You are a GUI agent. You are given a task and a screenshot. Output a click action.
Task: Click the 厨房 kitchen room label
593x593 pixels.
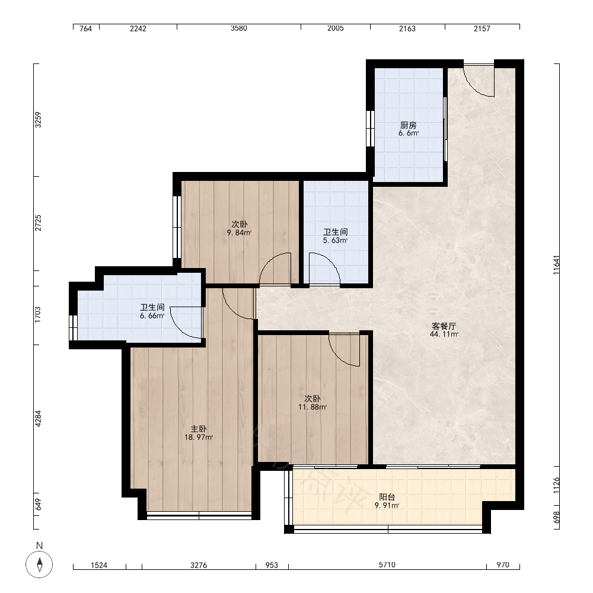pyautogui.click(x=409, y=125)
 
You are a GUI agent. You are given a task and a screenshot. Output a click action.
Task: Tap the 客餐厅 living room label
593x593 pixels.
pyautogui.click(x=444, y=326)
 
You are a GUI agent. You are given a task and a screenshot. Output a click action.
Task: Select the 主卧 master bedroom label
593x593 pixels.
pyautogui.click(x=199, y=429)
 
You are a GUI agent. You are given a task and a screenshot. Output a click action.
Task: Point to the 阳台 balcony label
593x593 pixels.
pyautogui.click(x=387, y=497)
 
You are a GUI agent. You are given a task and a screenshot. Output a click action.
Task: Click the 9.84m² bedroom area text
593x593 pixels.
pyautogui.click(x=239, y=232)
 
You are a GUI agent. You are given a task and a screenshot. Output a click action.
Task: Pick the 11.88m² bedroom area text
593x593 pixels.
pyautogui.click(x=313, y=407)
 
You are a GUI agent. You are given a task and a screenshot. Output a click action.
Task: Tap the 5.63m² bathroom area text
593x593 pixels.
pyautogui.click(x=335, y=240)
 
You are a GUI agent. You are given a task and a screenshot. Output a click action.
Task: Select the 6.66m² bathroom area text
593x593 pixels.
pyautogui.click(x=152, y=315)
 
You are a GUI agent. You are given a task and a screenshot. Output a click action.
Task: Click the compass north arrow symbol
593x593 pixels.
pyautogui.click(x=39, y=565)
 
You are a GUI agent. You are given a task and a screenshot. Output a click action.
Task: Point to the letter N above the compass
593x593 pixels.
pyautogui.click(x=39, y=546)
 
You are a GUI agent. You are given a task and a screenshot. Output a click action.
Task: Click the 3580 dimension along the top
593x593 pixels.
pyautogui.click(x=238, y=28)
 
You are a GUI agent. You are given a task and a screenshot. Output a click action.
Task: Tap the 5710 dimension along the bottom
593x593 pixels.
pyautogui.click(x=387, y=565)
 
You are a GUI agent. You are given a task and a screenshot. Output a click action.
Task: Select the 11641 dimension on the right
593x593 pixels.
pyautogui.click(x=556, y=264)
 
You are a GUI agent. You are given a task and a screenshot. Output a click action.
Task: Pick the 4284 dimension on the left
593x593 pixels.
pyautogui.click(x=38, y=419)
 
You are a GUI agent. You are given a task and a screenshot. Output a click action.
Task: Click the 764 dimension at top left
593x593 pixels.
pyautogui.click(x=86, y=28)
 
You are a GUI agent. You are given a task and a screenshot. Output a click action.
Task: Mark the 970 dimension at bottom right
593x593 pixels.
pyautogui.click(x=503, y=565)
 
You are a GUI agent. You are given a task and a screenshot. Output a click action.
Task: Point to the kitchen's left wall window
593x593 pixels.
pyautogui.click(x=370, y=129)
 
